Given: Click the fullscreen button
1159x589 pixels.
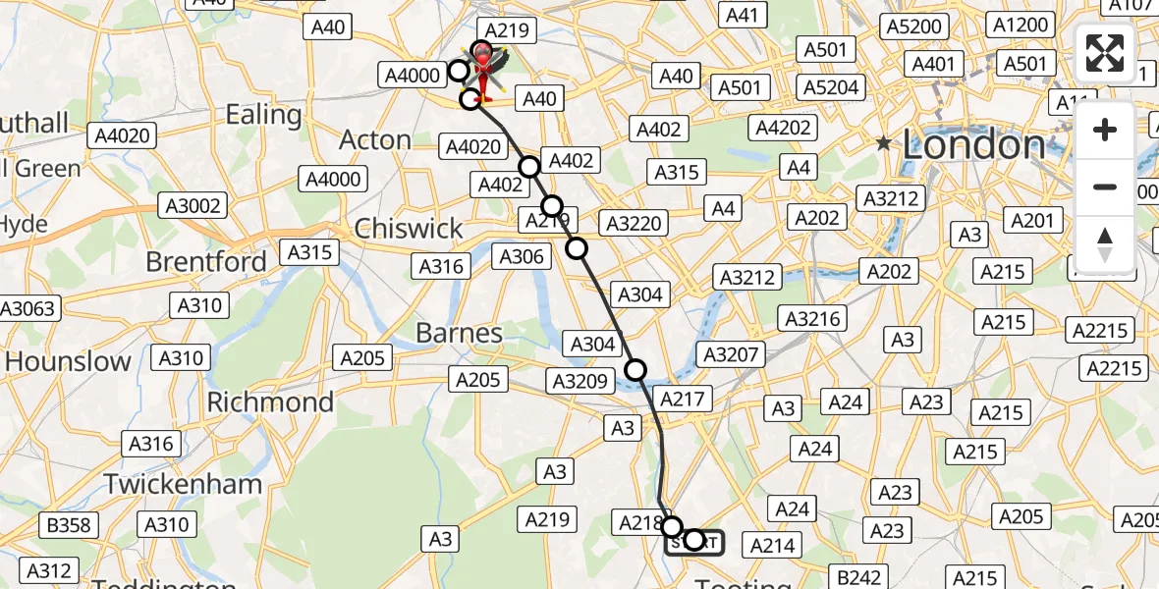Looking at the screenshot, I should [x=1105, y=53].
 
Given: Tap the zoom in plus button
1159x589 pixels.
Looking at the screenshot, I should [x=1105, y=131].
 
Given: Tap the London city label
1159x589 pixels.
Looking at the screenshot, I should [x=972, y=145].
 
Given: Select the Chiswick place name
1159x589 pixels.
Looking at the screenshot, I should [x=409, y=229].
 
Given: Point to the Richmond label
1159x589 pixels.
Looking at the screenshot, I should [x=270, y=402].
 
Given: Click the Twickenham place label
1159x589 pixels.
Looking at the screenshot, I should [x=184, y=484].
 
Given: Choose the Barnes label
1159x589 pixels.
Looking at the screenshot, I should [x=459, y=334].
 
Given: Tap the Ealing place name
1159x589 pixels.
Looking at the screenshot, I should [x=263, y=115].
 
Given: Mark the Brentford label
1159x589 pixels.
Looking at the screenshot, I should [x=206, y=262].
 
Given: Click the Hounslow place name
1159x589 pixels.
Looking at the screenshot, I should [x=68, y=361].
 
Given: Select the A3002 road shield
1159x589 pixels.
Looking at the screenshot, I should [x=195, y=206].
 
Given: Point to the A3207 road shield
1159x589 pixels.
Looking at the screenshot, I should [x=730, y=353].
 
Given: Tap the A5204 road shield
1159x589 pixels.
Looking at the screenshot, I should [x=831, y=87].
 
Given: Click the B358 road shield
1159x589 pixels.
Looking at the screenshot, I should [x=69, y=526].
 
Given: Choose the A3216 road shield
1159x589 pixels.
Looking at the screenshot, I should [x=812, y=318].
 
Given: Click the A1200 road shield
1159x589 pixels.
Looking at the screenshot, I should [x=1021, y=26].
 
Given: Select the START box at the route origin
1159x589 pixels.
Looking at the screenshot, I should [x=693, y=541].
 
